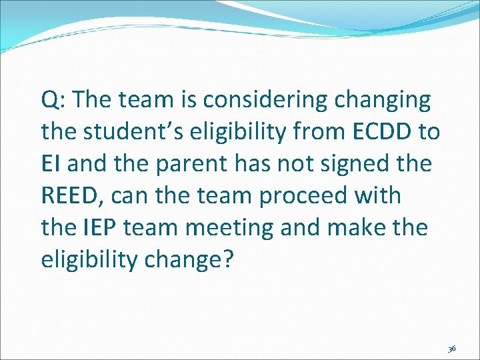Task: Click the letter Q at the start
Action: click(x=49, y=101)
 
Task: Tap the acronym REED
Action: click(x=72, y=196)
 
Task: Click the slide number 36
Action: click(x=452, y=349)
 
